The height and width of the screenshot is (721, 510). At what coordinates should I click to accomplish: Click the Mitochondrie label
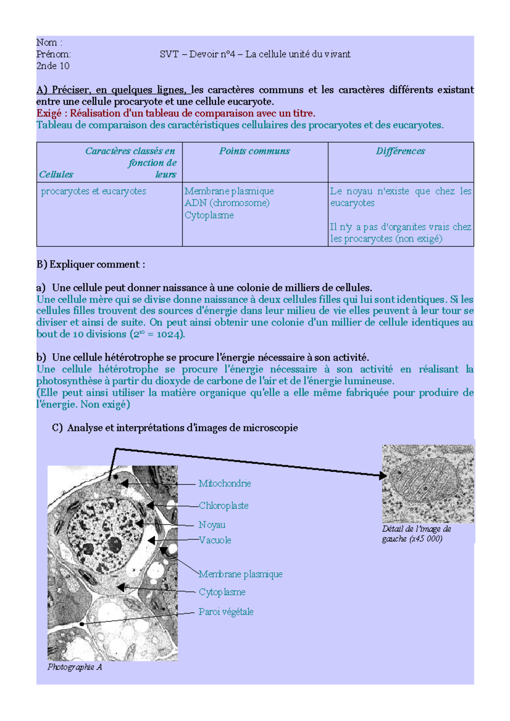pyautogui.click(x=224, y=483)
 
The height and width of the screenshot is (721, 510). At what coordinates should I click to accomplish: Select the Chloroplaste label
pyautogui.click(x=224, y=506)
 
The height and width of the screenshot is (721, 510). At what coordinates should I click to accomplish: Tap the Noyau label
pyautogui.click(x=212, y=525)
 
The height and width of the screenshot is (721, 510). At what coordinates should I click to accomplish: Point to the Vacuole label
pyautogui.click(x=215, y=540)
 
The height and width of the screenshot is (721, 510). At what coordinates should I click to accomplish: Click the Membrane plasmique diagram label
pyautogui.click(x=241, y=574)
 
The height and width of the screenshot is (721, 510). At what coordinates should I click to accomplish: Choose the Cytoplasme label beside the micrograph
pyautogui.click(x=222, y=592)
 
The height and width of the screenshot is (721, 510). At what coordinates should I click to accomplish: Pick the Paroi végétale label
pyautogui.click(x=226, y=612)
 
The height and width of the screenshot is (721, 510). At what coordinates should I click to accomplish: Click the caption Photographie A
pyautogui.click(x=75, y=667)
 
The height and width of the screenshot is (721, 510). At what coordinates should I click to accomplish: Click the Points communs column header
pyautogui.click(x=255, y=151)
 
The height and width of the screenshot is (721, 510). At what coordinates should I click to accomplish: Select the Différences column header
pyautogui.click(x=400, y=151)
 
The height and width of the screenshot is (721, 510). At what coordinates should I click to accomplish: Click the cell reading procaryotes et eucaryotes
pyautogui.click(x=93, y=191)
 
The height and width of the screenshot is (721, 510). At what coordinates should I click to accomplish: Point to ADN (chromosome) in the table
pyautogui.click(x=227, y=203)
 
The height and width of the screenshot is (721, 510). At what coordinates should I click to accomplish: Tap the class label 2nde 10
pyautogui.click(x=53, y=66)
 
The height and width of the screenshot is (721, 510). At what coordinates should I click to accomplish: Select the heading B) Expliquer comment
pyautogui.click(x=91, y=265)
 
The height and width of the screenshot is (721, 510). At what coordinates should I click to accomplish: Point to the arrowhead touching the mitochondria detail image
pyautogui.click(x=383, y=476)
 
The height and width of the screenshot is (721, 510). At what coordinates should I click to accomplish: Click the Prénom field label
pyautogui.click(x=54, y=54)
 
